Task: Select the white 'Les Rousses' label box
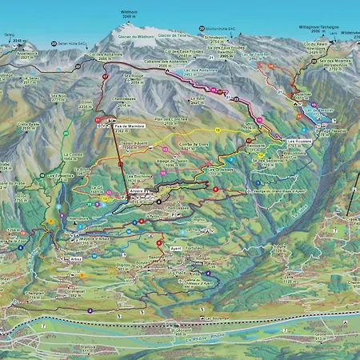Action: point(298,141)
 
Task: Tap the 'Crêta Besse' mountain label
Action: point(29,126)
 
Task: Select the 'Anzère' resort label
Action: point(138,193)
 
